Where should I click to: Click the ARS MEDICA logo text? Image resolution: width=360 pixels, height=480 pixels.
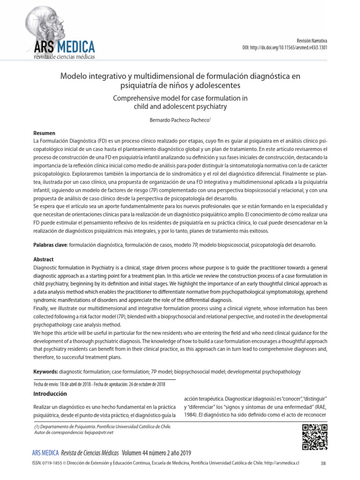pyautogui.click(x=64, y=47)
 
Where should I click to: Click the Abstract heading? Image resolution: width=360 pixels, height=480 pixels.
pyautogui.click(x=44, y=259)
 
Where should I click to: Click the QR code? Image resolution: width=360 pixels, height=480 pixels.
pyautogui.click(x=314, y=437)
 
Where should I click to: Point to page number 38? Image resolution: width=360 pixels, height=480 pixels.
pyautogui.click(x=322, y=464)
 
